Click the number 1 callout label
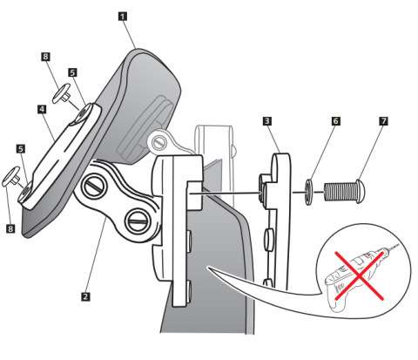click(x=123, y=17)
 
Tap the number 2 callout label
click(x=85, y=296)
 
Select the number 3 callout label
click(x=267, y=121)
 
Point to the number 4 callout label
click(x=42, y=109)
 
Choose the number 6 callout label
click(x=336, y=121)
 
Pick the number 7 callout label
click(x=384, y=121)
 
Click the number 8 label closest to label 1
click(x=45, y=57)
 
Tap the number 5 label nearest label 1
click(x=73, y=72)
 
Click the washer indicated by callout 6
click(x=308, y=192)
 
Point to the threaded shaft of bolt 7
click(x=340, y=192)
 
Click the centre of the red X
click(x=360, y=276)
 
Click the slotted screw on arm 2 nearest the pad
click(x=94, y=186)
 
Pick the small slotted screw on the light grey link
click(x=158, y=142)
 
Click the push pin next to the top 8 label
click(x=62, y=93)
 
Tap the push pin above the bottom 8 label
click(x=11, y=176)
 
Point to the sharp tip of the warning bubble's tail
click(x=208, y=268)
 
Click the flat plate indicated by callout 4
click(x=59, y=156)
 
